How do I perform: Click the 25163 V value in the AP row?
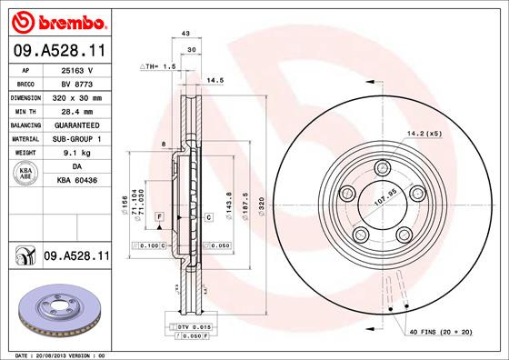[78, 68]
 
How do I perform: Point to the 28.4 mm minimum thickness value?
[78, 111]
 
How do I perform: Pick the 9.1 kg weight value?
[77, 153]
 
